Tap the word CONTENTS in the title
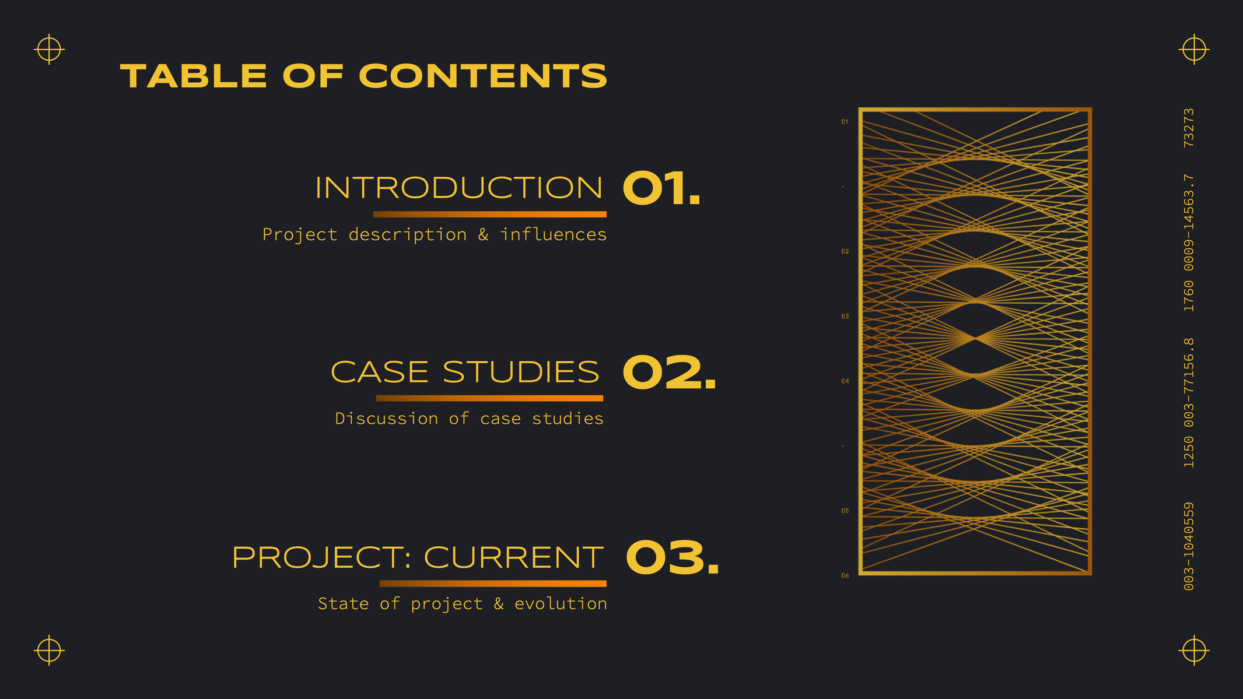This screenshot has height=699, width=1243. (x=483, y=76)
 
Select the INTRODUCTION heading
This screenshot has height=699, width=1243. (x=458, y=188)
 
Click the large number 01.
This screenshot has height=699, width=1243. (x=661, y=188)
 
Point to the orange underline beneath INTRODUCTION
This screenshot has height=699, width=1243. (x=490, y=215)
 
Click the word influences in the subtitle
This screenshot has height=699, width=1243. (x=553, y=234)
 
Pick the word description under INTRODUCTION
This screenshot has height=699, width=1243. (x=407, y=235)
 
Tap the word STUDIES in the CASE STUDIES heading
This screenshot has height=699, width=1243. (x=521, y=372)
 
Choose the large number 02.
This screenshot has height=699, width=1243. (x=669, y=372)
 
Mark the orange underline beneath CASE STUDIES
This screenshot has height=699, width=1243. (x=489, y=398)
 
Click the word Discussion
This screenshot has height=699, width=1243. (x=386, y=419)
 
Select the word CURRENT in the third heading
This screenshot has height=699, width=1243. (x=513, y=557)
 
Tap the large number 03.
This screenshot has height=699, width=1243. (x=673, y=557)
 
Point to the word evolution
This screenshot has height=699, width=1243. (x=561, y=603)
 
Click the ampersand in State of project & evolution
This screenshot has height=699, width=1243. (x=499, y=604)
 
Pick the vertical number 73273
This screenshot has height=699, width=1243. (x=1189, y=128)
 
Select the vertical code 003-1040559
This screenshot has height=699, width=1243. (x=1189, y=546)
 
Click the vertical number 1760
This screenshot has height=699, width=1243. (x=1189, y=296)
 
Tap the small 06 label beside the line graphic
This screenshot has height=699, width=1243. (x=845, y=576)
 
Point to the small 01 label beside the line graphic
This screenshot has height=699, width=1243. (x=845, y=122)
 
